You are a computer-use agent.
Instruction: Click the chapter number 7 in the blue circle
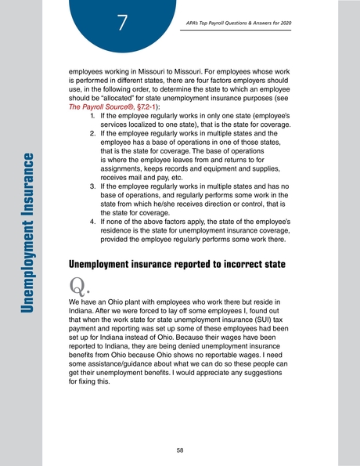click(121, 22)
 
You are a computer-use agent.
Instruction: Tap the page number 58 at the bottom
click(180, 450)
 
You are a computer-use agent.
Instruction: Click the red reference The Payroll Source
click(95, 106)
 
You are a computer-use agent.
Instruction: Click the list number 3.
click(93, 188)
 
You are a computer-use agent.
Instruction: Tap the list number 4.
click(93, 221)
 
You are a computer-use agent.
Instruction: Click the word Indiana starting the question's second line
click(83, 309)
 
